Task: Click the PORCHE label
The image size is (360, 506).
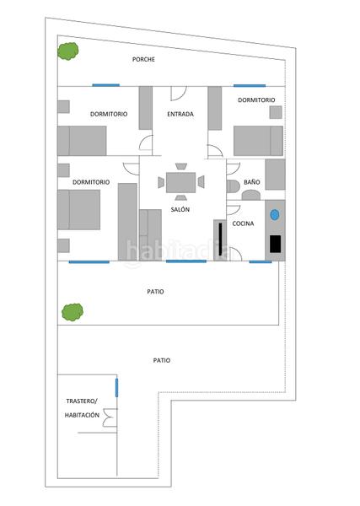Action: tap(143, 59)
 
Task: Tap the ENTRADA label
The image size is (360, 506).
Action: tap(180, 114)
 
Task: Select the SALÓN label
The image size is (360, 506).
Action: tap(180, 209)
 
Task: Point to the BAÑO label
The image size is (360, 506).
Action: tap(251, 182)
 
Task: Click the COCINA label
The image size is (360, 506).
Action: tap(243, 223)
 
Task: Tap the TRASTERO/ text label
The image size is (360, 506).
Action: tap(82, 401)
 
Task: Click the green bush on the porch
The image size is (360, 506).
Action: tap(68, 51)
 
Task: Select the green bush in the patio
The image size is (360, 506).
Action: tap(73, 312)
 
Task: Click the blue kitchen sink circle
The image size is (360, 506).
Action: tap(275, 215)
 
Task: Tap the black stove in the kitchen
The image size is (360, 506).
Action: tap(275, 244)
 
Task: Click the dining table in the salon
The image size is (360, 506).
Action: tap(180, 183)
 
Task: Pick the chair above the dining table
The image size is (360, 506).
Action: tap(181, 166)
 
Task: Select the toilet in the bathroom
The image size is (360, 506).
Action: tap(234, 186)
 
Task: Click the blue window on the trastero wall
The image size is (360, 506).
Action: tap(117, 388)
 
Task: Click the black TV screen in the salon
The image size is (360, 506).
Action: tap(220, 239)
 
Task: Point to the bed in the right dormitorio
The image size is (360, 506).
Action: tap(258, 141)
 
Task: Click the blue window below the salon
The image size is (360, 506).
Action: tap(186, 261)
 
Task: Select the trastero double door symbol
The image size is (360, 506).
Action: tap(110, 417)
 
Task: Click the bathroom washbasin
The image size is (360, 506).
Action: tap(251, 196)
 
